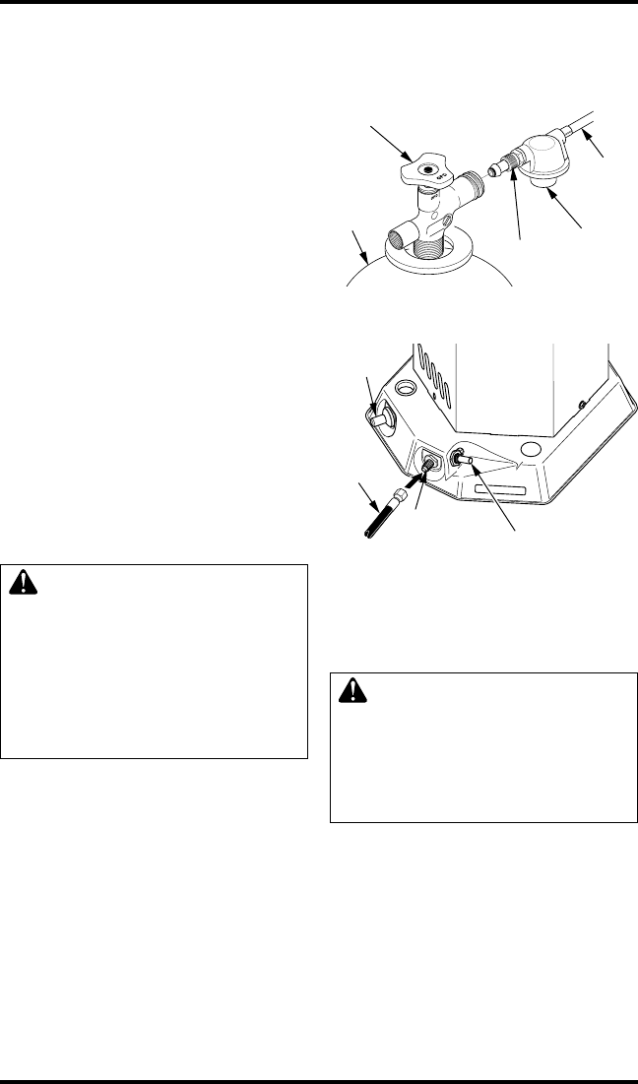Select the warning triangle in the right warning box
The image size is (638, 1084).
coord(350,693)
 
